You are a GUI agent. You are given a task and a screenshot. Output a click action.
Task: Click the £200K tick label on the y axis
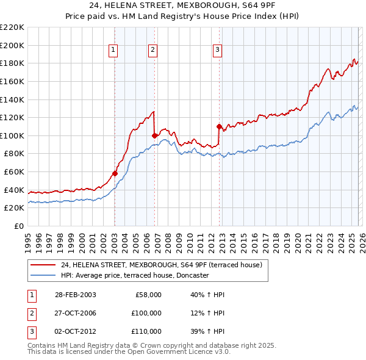pos(12,45)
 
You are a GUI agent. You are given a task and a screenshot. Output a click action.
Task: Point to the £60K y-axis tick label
pos(14,172)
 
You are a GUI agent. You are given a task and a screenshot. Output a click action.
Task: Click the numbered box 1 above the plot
pos(114,51)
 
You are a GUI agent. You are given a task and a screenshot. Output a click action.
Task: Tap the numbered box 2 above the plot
pos(152,51)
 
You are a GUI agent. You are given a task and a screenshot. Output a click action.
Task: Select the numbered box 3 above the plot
pos(217,51)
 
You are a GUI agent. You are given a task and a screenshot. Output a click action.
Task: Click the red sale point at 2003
pos(115,173)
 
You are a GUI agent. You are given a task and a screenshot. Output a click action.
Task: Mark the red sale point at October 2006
pos(154,135)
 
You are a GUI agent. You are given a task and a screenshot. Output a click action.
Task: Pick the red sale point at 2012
pos(218,126)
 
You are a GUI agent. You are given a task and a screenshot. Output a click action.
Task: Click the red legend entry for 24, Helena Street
pos(161,265)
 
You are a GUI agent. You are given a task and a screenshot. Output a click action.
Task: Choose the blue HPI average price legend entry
pos(135,275)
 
